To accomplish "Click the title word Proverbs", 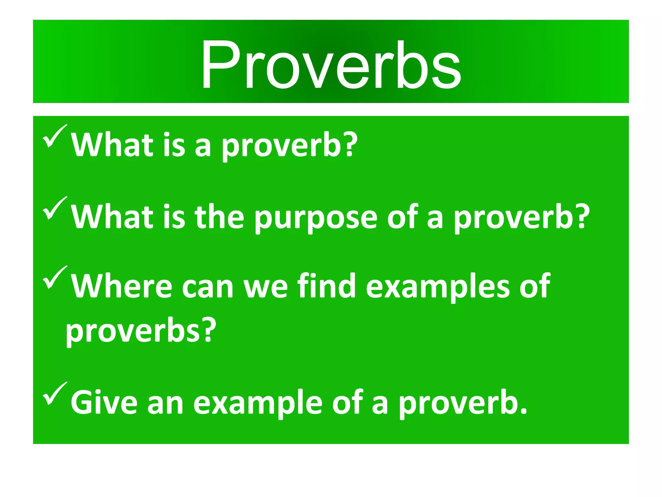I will coord(331,65).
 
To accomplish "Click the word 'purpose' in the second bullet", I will coord(316,217).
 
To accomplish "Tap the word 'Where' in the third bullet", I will coord(122,286).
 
